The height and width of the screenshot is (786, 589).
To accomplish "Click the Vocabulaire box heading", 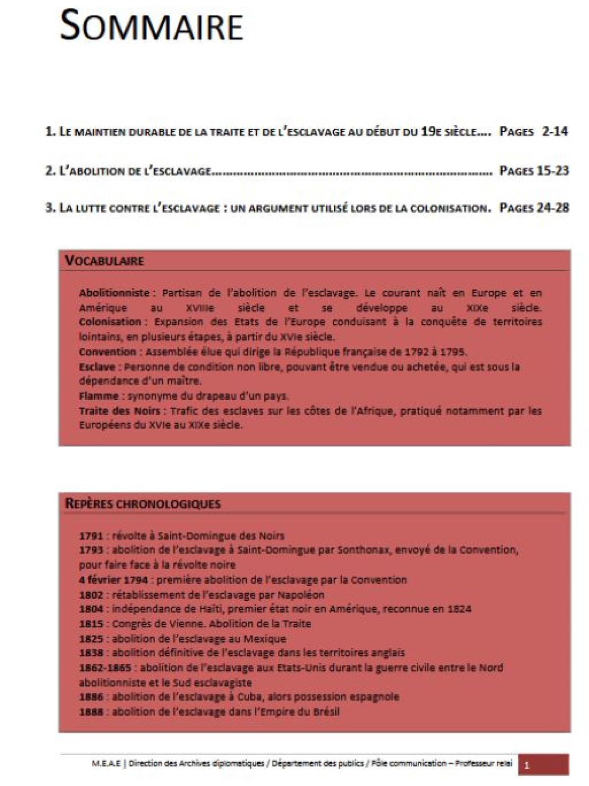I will coord(105,260).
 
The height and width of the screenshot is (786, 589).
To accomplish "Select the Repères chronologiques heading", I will coord(143,504).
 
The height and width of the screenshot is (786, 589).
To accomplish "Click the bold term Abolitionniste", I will coord(114,293).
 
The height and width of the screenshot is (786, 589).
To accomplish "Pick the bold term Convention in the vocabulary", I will coord(107,352).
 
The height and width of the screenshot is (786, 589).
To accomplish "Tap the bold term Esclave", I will coord(97,366).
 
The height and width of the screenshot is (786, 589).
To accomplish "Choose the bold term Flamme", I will coord(99,395).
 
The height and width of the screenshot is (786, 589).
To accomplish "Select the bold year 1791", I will coord(91,535).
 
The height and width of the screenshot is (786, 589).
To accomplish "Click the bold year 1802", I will coord(91,594).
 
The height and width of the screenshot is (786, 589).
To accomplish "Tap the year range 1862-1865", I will coord(107,668).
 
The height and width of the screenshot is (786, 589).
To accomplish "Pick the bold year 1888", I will coord(91,711).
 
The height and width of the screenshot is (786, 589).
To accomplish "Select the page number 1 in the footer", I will coord(527,765).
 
